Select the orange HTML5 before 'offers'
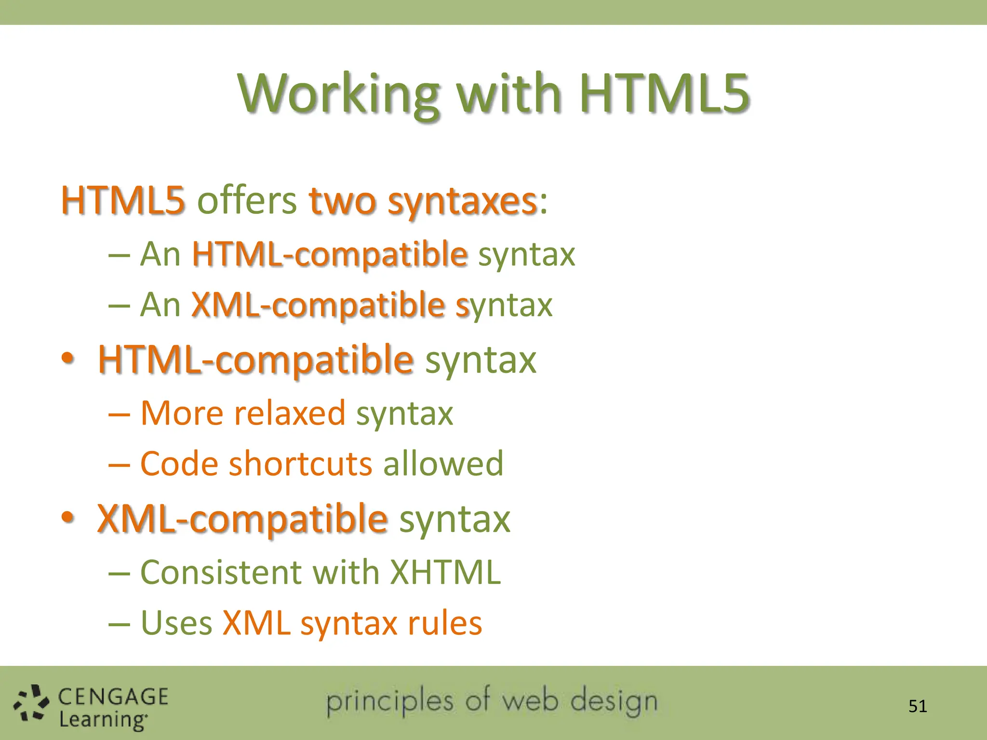pyautogui.click(x=123, y=200)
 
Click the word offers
pyautogui.click(x=247, y=200)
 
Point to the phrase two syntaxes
pyautogui.click(x=423, y=201)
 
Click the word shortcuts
pyautogui.click(x=301, y=463)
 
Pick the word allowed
pyautogui.click(x=443, y=463)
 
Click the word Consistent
pyautogui.click(x=221, y=572)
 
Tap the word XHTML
pyautogui.click(x=445, y=572)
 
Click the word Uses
pyautogui.click(x=176, y=623)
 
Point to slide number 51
pyautogui.click(x=918, y=706)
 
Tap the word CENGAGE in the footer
pyautogui.click(x=113, y=697)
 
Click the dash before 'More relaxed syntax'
pyautogui.click(x=119, y=414)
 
